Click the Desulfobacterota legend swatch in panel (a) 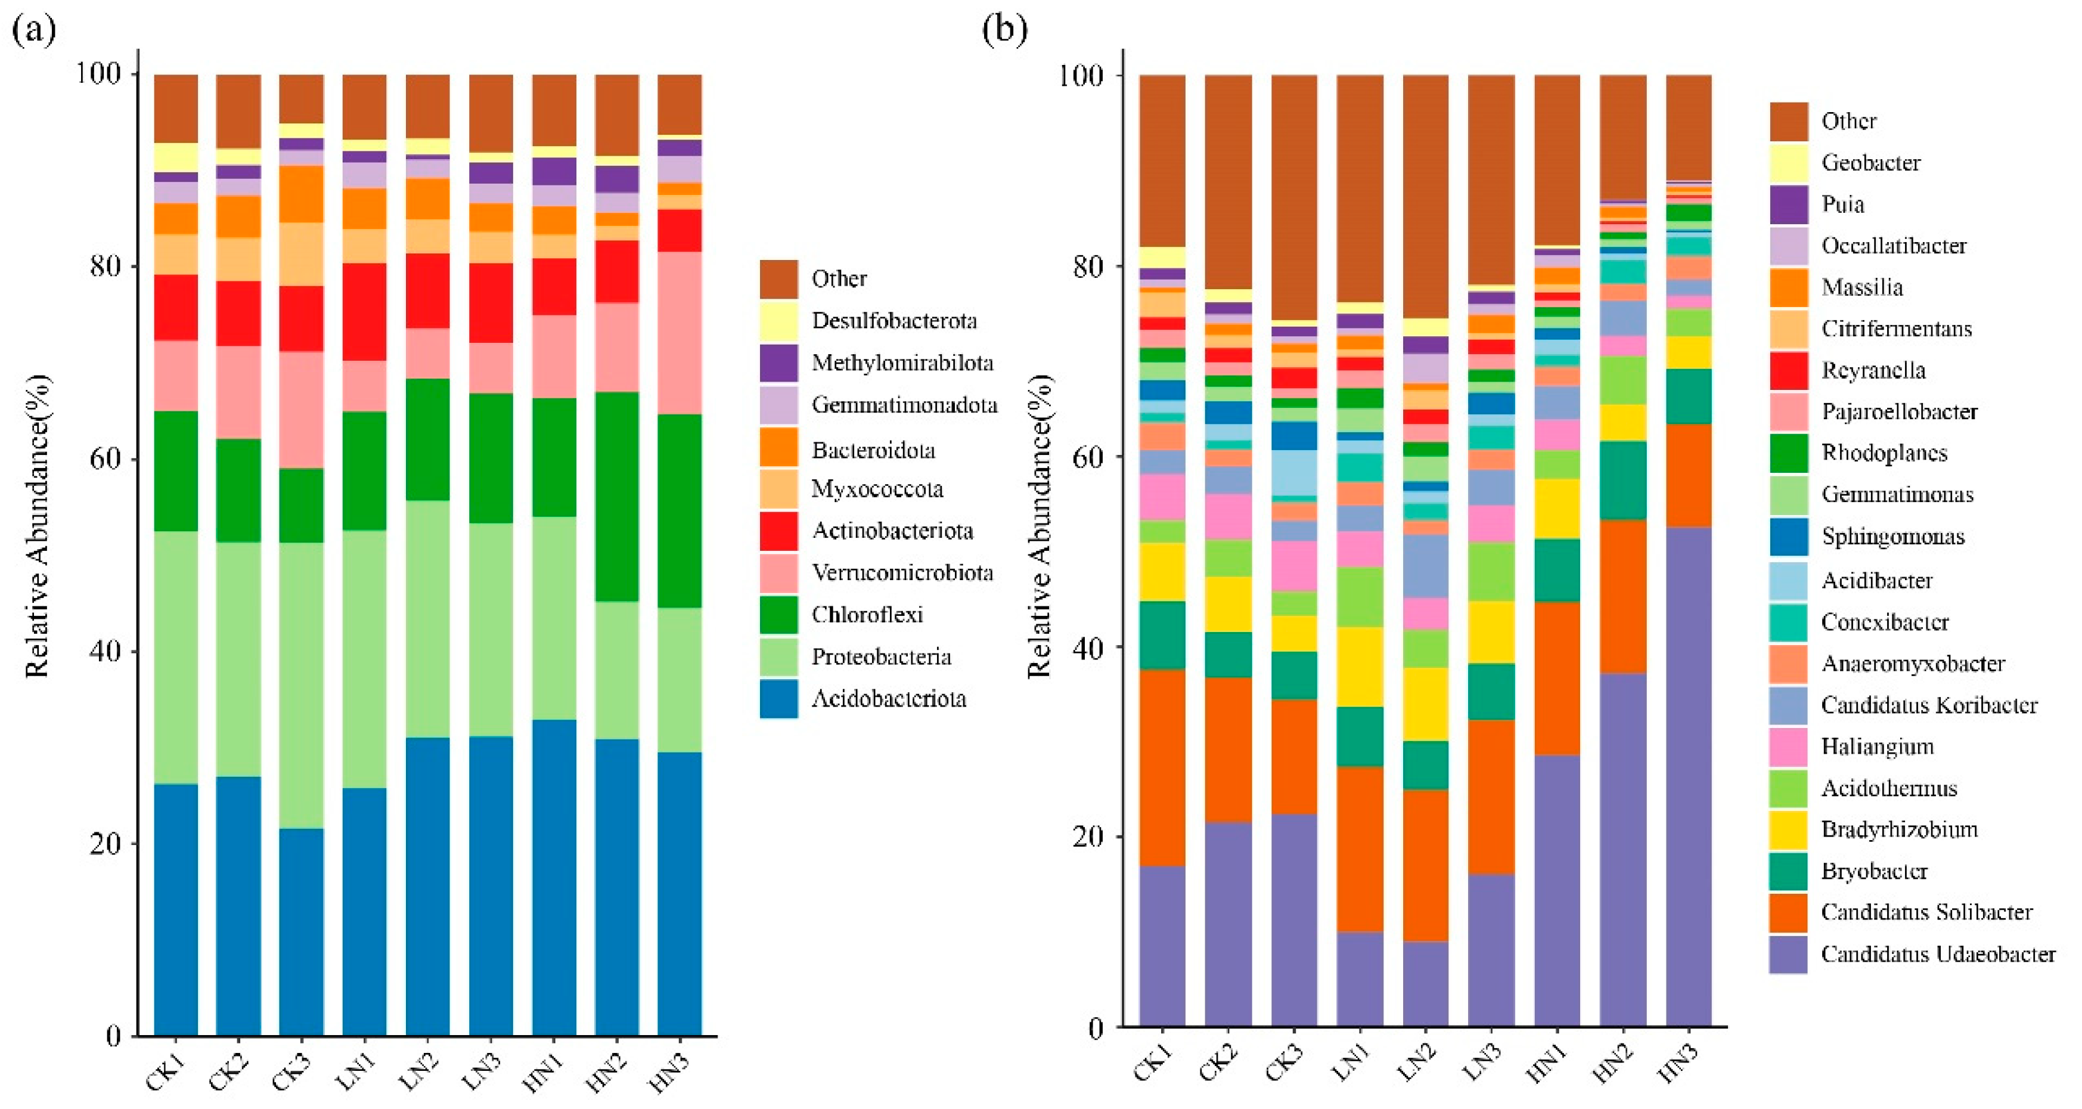pyautogui.click(x=778, y=321)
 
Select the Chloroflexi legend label pyautogui.click(x=867, y=615)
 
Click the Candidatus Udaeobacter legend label pyautogui.click(x=1938, y=954)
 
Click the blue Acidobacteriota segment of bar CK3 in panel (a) pyautogui.click(x=302, y=932)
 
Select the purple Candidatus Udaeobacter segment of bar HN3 pyautogui.click(x=1689, y=777)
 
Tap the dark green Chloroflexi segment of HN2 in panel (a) pyautogui.click(x=617, y=497)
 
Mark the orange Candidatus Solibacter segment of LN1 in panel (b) pyautogui.click(x=1360, y=850)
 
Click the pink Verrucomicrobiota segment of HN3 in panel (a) pyautogui.click(x=679, y=333)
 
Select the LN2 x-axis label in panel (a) pyautogui.click(x=421, y=1073)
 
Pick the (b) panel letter pyautogui.click(x=1004, y=30)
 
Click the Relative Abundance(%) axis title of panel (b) pyautogui.click(x=1040, y=526)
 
